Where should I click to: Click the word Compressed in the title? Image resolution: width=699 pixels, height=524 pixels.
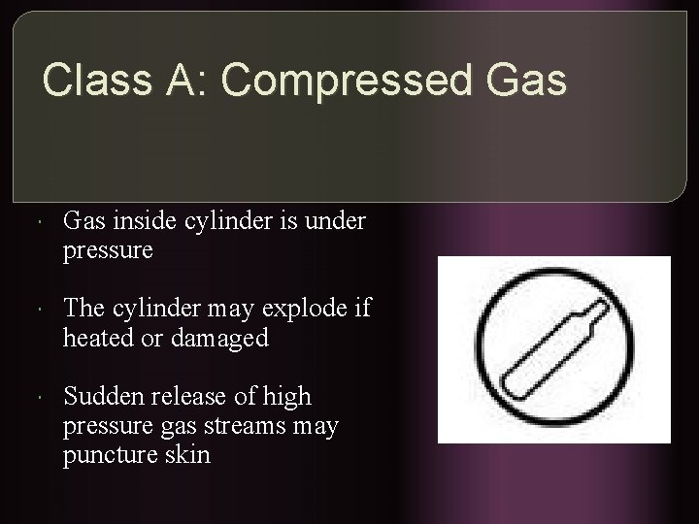348,82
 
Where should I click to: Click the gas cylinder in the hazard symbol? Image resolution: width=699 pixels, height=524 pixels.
553,349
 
